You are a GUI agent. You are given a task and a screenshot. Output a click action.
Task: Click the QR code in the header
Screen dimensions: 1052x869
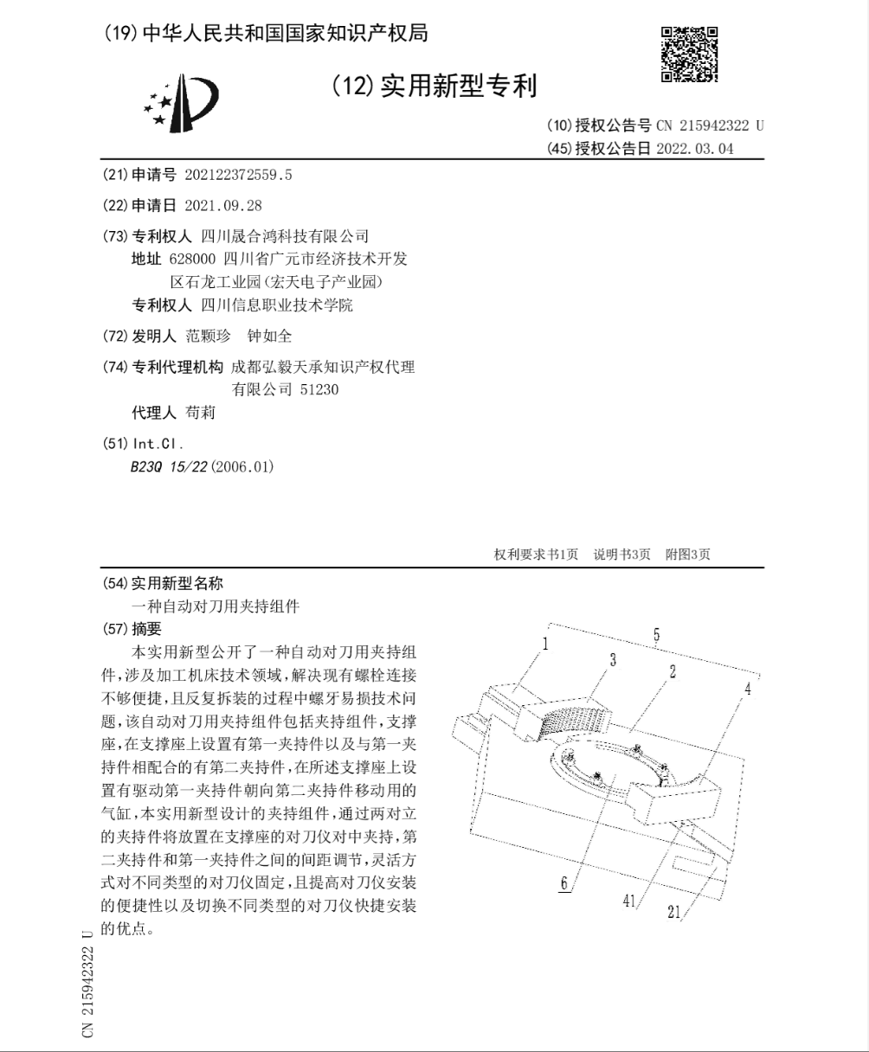point(689,55)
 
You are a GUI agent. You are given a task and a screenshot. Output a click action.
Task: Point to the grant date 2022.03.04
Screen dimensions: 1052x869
point(694,148)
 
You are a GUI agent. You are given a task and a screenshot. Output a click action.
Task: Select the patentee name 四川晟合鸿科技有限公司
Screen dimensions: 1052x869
point(285,235)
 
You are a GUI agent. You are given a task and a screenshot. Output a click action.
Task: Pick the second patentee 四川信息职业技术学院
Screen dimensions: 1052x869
point(277,305)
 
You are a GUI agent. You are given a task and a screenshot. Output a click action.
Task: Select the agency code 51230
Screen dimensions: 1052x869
point(319,389)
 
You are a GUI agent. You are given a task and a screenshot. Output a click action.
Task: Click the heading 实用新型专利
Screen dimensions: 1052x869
point(459,87)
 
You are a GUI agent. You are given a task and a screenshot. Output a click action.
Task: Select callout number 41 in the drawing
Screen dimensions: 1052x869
point(629,901)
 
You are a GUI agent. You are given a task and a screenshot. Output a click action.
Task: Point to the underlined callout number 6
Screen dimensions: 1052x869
point(563,883)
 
